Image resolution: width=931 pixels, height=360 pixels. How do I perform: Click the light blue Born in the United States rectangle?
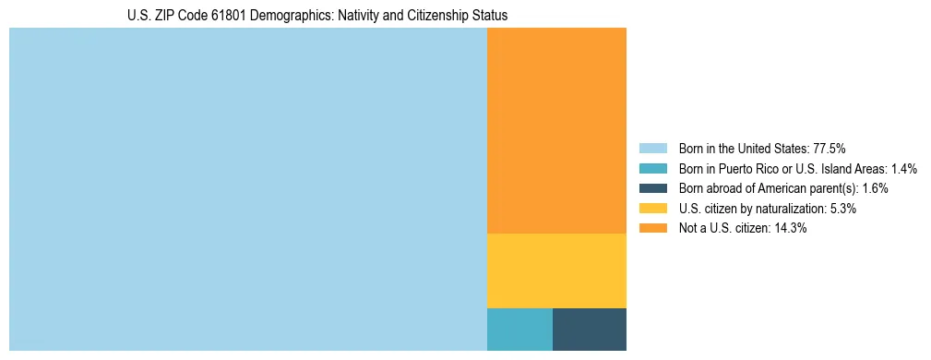(x=247, y=189)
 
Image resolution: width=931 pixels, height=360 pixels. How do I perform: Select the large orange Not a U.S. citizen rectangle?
(x=556, y=130)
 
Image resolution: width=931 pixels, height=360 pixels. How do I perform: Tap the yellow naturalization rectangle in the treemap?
(x=556, y=270)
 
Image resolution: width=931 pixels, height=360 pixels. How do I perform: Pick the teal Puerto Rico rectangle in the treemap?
(x=519, y=330)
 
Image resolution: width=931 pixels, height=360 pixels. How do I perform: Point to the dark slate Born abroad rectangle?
(x=590, y=330)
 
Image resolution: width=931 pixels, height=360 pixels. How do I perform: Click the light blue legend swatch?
(x=652, y=149)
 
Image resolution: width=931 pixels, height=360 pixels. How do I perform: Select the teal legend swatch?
(x=652, y=169)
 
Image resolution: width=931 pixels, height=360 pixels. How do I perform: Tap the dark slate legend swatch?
(x=652, y=188)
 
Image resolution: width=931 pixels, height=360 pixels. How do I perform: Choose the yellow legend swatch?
(x=652, y=209)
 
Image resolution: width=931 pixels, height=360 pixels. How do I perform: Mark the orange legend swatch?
(x=652, y=229)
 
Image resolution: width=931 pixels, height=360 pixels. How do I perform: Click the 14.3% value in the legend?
(x=789, y=229)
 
